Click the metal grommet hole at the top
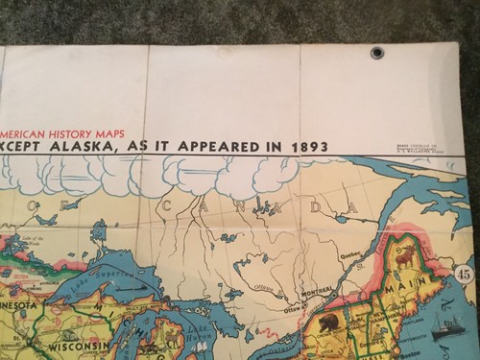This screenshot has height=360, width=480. pyautogui.click(x=378, y=53)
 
